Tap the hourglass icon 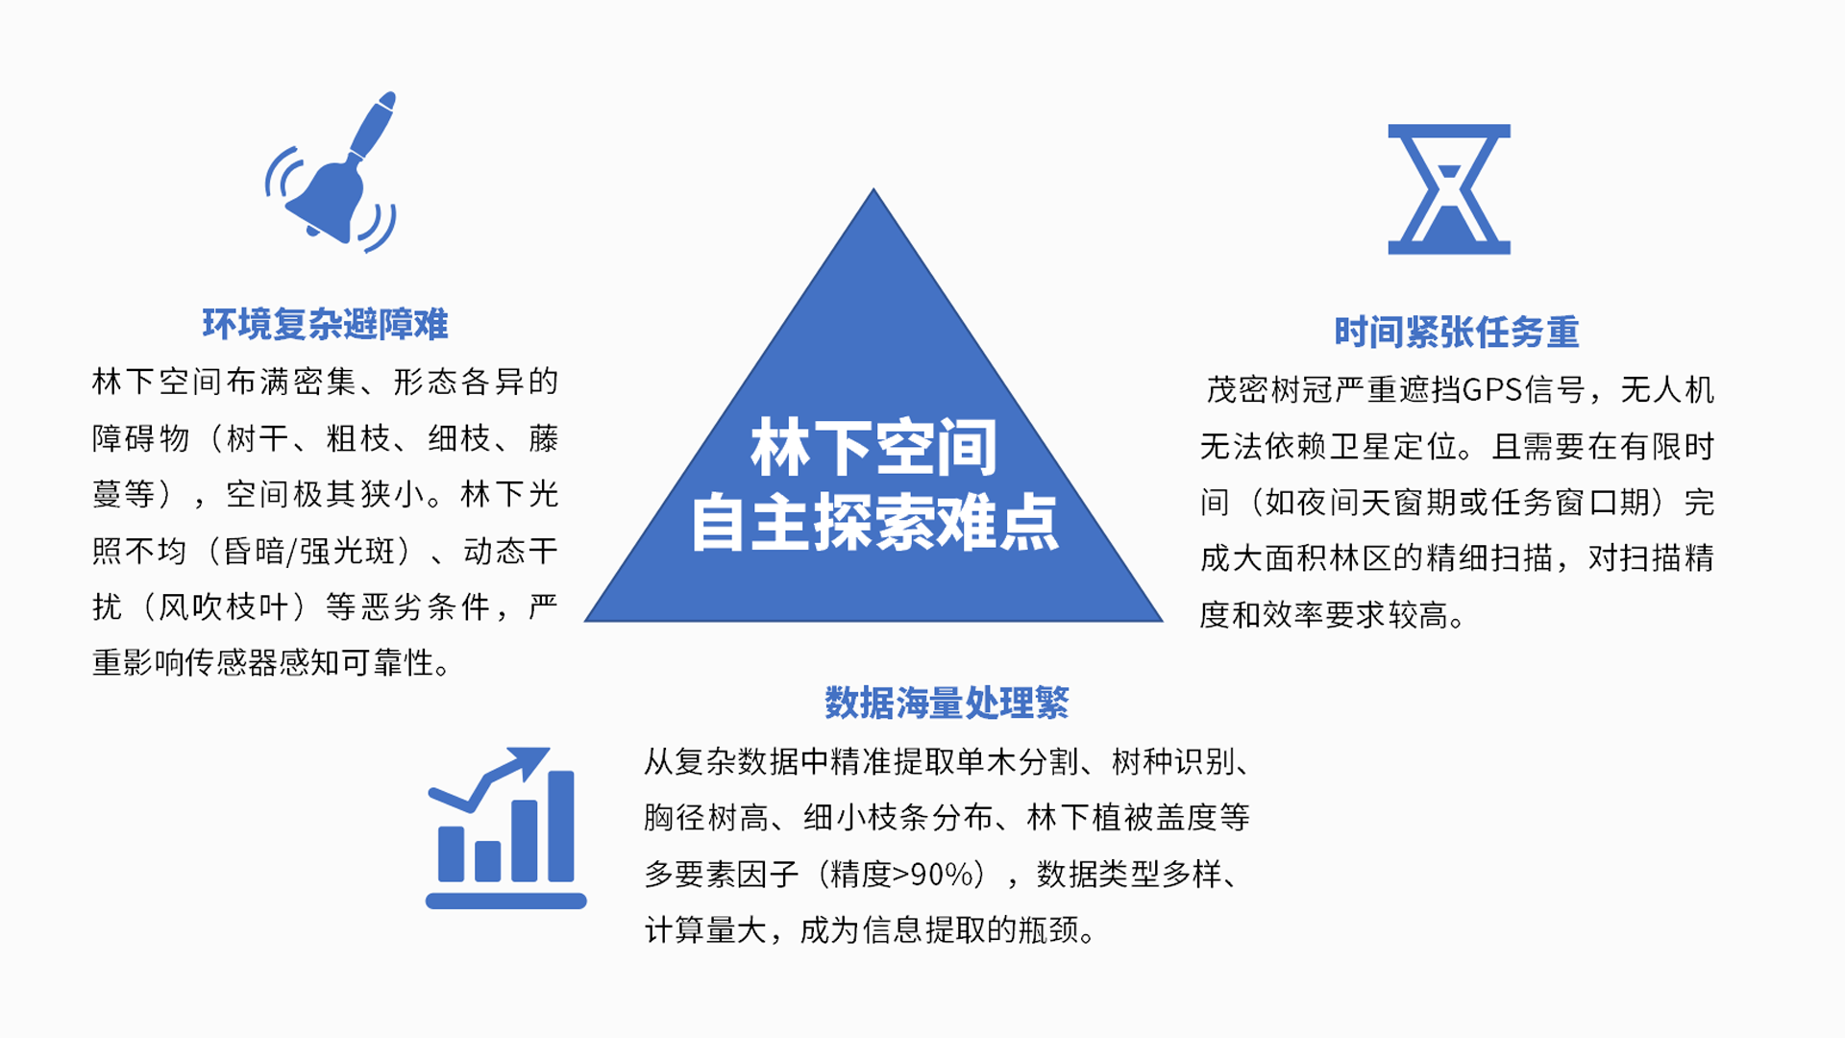click(1449, 189)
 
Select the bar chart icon click(505, 828)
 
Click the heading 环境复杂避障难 click(325, 325)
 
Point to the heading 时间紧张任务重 click(1457, 333)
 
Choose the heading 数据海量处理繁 click(947, 704)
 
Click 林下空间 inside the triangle click(873, 447)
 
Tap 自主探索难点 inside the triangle click(874, 522)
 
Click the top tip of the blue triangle click(873, 188)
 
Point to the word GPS click(1492, 390)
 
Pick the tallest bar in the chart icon click(560, 827)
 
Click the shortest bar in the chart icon click(488, 861)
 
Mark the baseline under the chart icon click(505, 901)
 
